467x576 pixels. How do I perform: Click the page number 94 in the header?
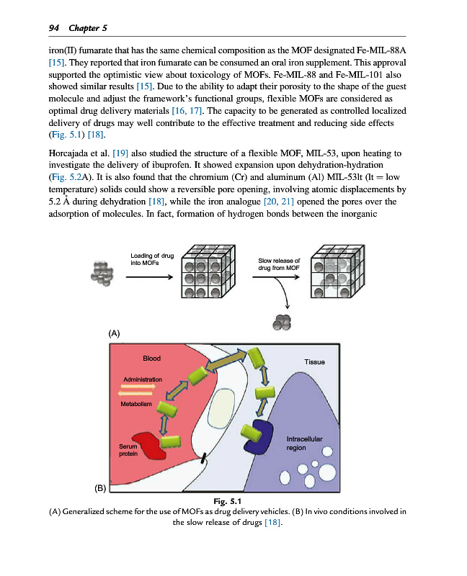coord(53,27)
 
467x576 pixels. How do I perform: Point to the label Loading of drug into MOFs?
coord(152,259)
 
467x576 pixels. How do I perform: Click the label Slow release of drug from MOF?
coord(278,264)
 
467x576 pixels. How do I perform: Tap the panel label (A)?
coord(114,333)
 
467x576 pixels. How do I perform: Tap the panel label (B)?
coord(99,488)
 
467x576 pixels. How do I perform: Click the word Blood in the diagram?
coord(152,358)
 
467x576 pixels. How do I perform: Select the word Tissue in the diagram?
coord(315,362)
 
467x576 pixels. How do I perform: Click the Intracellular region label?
coord(305,443)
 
